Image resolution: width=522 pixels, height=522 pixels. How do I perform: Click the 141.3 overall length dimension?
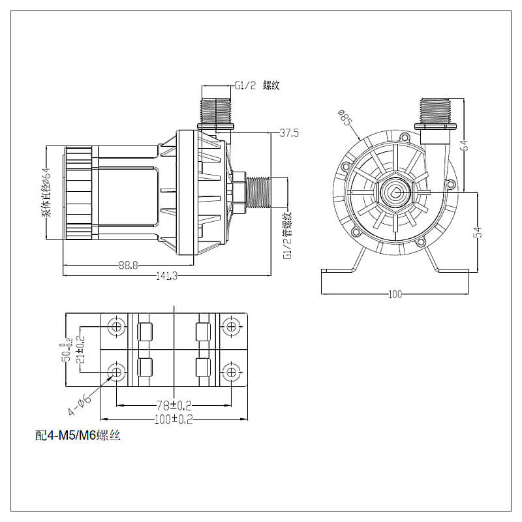click(x=167, y=276)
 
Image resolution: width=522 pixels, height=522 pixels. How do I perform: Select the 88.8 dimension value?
click(x=128, y=266)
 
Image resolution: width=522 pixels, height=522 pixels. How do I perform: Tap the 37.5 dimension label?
click(x=289, y=133)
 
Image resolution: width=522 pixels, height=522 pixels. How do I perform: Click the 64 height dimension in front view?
click(x=465, y=145)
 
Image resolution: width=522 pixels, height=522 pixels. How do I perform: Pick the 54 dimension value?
click(x=478, y=232)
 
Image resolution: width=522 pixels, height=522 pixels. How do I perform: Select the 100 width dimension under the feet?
click(x=395, y=294)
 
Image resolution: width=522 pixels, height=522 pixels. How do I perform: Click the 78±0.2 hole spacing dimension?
click(x=174, y=405)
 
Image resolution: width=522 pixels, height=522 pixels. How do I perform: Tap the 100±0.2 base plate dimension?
click(x=174, y=419)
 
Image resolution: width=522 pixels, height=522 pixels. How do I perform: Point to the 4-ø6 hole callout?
click(x=80, y=405)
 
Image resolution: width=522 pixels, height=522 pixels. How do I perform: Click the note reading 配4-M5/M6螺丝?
click(x=78, y=435)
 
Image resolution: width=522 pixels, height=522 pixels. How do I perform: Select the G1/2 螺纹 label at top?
click(x=257, y=85)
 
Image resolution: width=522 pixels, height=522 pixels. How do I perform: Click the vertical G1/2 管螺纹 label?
click(x=287, y=236)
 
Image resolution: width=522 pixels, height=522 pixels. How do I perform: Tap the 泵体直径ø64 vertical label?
click(x=46, y=192)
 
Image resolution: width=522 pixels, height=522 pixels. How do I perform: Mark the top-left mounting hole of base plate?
click(x=117, y=327)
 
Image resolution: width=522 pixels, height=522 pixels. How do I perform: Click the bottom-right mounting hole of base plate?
click(x=231, y=372)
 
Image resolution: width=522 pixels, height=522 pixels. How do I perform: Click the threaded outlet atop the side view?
click(x=216, y=110)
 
